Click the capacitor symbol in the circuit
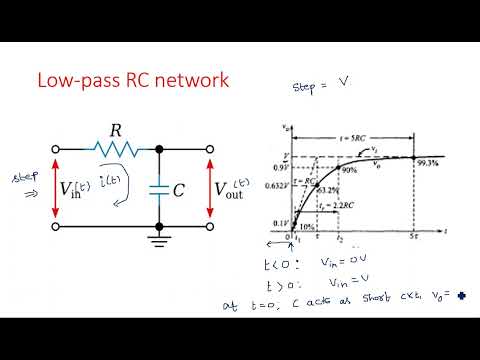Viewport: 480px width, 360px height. click(x=160, y=188)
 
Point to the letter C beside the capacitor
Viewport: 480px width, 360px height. click(x=179, y=189)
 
